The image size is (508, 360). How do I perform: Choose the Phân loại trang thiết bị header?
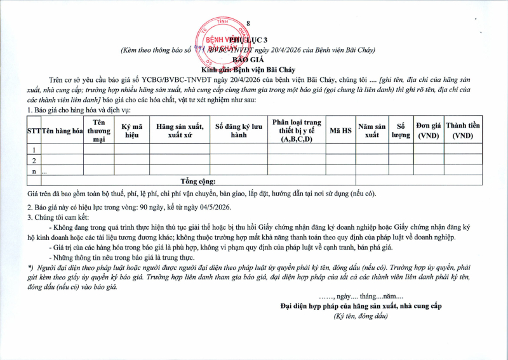point(296,130)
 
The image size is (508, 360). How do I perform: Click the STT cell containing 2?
point(34,160)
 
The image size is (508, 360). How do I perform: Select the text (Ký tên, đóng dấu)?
point(360,316)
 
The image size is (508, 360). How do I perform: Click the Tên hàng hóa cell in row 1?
point(63,149)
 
